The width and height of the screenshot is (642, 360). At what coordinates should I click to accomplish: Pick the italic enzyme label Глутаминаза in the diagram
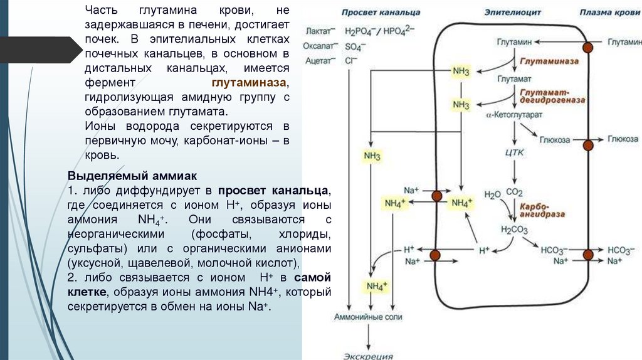tap(547, 62)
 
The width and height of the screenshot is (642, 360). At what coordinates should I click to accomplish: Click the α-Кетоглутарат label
tap(514, 116)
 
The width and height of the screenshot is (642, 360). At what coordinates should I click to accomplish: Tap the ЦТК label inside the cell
tap(513, 152)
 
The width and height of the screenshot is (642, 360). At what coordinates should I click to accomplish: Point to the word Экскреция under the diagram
tap(368, 356)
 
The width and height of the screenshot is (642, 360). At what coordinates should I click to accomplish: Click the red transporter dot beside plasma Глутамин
tap(587, 48)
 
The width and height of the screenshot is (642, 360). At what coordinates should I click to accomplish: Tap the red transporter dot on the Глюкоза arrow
tap(587, 146)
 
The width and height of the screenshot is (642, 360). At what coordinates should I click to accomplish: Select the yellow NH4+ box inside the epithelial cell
tap(462, 203)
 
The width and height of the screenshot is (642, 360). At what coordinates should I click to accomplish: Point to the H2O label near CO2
tap(492, 194)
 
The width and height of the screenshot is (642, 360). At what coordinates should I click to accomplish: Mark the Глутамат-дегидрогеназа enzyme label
tap(550, 95)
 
